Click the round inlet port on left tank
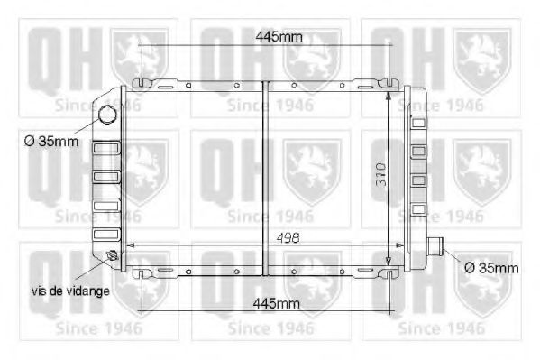(x=108, y=115)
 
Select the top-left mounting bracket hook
(x=141, y=85)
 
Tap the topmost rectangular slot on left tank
(x=105, y=148)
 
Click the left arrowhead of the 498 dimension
(x=130, y=245)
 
